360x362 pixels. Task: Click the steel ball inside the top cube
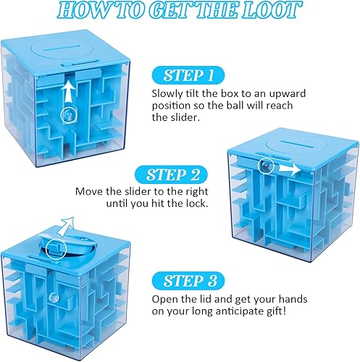pyautogui.click(x=69, y=114)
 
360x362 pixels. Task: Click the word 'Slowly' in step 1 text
pyautogui.click(x=167, y=94)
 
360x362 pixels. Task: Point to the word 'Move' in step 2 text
pyautogui.click(x=89, y=192)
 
